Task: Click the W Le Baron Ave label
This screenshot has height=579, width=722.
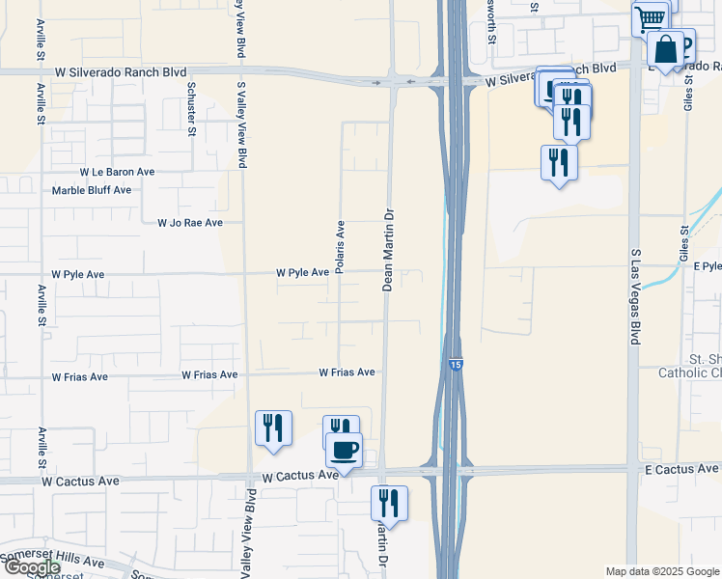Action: coord(117,171)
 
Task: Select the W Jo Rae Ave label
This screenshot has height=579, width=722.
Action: coord(190,223)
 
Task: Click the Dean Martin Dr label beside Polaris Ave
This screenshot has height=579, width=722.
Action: coord(388,251)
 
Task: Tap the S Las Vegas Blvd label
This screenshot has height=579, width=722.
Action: coord(635,296)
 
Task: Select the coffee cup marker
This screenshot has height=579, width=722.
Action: coord(344,449)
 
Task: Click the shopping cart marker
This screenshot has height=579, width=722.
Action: coord(650,16)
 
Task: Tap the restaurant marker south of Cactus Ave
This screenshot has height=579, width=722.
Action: coord(389,503)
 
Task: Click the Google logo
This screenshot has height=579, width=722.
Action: coord(32,567)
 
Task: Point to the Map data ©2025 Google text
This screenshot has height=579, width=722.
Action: coord(662,571)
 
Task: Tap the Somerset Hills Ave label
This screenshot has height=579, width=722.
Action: coord(53,560)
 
